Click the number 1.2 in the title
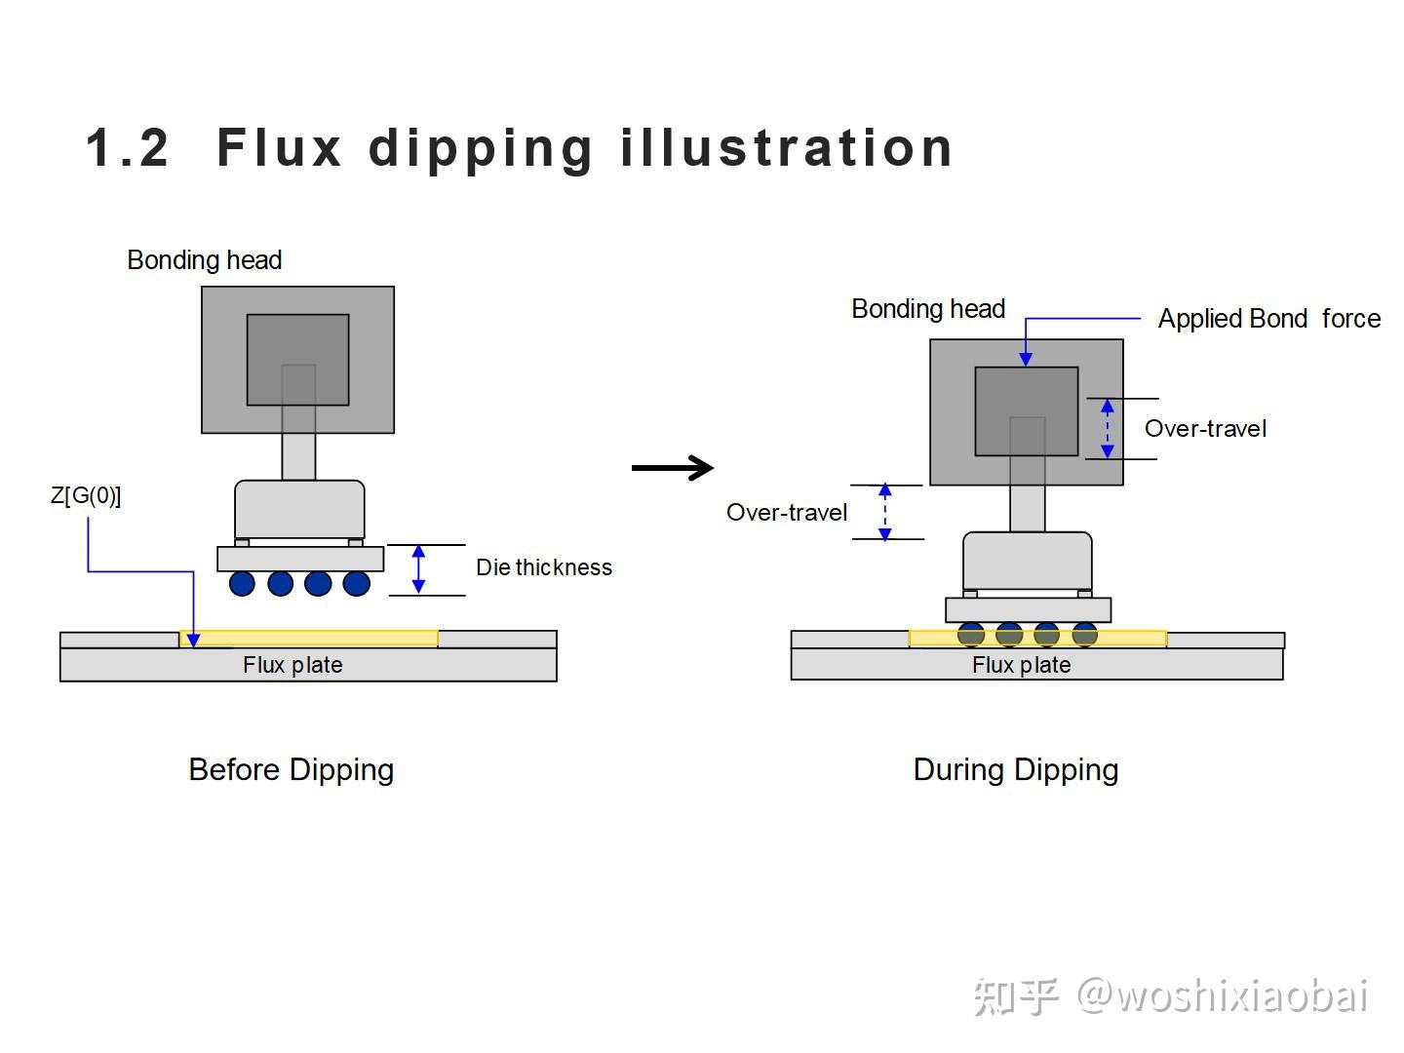coord(128,148)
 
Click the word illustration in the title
coord(786,148)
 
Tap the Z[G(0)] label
coord(86,495)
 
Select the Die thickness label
coord(543,567)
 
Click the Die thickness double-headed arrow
coord(418,569)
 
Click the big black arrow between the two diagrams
coord(673,468)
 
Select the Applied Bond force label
coord(1268,319)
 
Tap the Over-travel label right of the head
coord(1205,429)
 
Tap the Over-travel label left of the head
coord(787,513)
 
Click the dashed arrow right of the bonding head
coord(1107,429)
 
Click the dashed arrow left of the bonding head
coord(885,512)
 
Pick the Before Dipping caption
coord(291,769)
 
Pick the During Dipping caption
coord(1015,769)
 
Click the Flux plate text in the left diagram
coord(292,665)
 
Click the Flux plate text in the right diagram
coord(1021,665)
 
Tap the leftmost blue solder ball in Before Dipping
coord(242,584)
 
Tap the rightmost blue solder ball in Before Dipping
coord(357,584)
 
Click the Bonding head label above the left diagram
coord(205,260)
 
